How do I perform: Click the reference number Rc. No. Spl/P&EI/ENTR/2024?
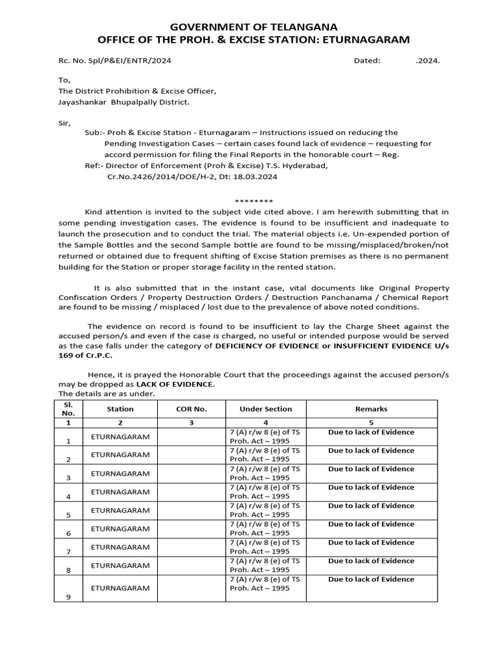click(x=115, y=61)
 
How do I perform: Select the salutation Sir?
click(x=65, y=123)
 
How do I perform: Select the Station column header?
click(x=120, y=409)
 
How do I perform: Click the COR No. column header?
click(x=191, y=409)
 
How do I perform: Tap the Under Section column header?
click(x=265, y=409)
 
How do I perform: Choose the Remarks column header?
click(x=371, y=409)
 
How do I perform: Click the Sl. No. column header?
click(x=69, y=408)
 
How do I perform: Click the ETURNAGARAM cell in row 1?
click(x=120, y=436)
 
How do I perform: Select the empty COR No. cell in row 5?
click(x=191, y=510)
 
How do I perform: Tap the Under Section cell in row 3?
click(x=265, y=473)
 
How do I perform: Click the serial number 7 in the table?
click(x=69, y=551)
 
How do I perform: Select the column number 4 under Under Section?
click(x=265, y=422)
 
